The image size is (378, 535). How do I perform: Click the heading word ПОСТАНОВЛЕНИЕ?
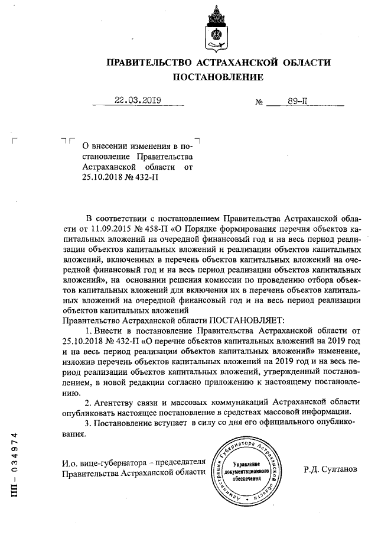click(x=218, y=77)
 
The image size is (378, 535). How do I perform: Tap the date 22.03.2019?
click(x=139, y=100)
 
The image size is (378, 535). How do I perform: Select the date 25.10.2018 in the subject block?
click(x=103, y=176)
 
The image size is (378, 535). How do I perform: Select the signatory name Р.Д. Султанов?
click(x=331, y=469)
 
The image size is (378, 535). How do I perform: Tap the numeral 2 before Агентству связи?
click(x=88, y=402)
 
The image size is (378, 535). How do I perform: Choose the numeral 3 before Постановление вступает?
click(x=88, y=423)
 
